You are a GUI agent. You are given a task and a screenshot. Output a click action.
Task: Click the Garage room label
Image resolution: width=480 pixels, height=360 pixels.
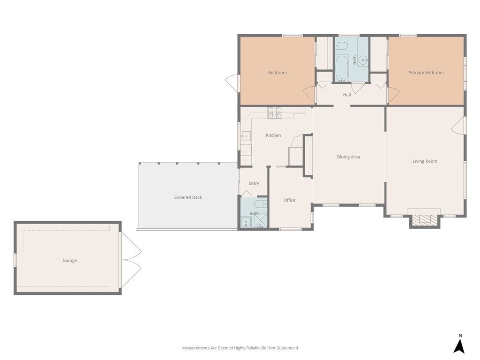click(x=70, y=261)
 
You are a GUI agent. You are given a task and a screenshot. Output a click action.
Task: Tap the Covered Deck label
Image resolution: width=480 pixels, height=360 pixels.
click(x=188, y=197)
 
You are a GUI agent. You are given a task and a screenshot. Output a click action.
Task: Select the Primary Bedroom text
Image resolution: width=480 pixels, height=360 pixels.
click(x=426, y=73)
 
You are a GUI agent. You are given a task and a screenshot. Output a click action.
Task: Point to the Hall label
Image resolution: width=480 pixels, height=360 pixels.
click(x=347, y=95)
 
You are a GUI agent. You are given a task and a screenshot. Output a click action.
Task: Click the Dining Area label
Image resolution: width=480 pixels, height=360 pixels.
click(x=348, y=157)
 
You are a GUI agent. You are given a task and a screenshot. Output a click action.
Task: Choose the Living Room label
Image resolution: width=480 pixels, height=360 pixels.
click(x=425, y=161)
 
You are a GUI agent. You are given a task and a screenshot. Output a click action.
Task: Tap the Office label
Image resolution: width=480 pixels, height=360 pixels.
click(x=289, y=200)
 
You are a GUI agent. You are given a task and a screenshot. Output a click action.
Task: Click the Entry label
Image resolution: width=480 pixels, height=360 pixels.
click(x=254, y=183)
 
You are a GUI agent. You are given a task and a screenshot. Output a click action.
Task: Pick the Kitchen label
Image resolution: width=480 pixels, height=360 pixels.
click(x=273, y=135)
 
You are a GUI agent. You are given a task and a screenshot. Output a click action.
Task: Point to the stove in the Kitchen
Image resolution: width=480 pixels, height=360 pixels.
click(x=275, y=112)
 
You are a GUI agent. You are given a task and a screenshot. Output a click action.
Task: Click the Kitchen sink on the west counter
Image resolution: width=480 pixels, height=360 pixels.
click(x=246, y=136)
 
